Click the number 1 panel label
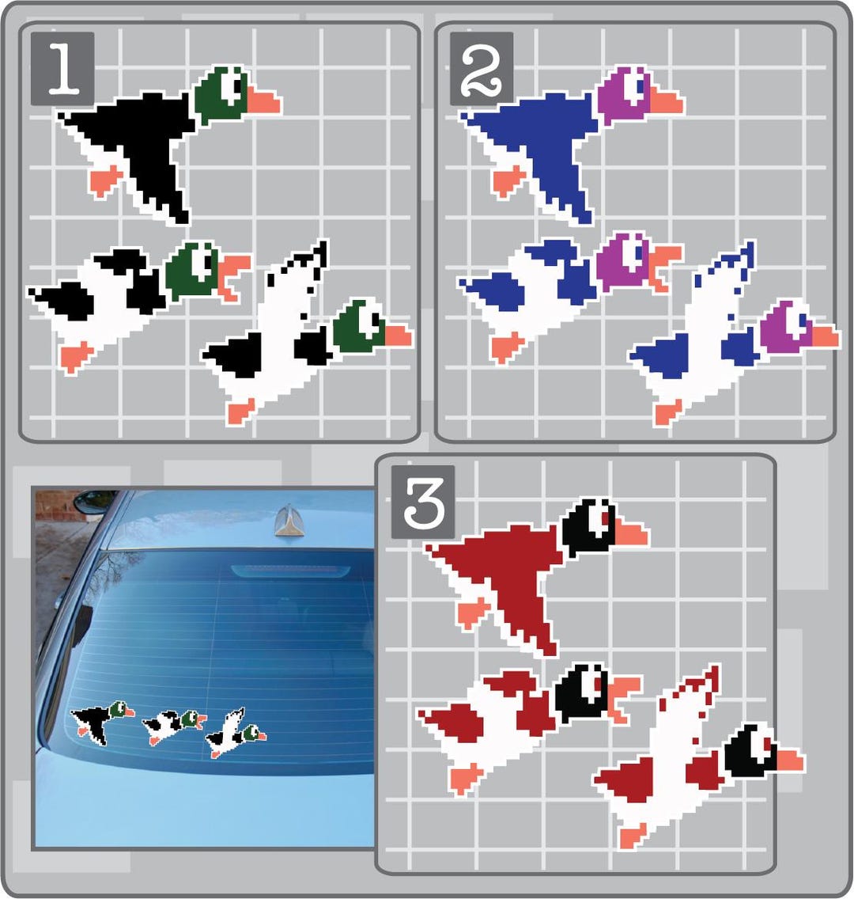tap(62, 69)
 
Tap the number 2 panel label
tap(481, 69)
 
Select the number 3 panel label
tap(423, 503)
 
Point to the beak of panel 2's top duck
tap(667, 102)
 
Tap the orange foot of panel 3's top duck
tap(473, 613)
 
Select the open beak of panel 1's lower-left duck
tap(232, 273)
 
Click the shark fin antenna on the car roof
tap(286, 518)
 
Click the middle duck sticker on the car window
tap(172, 725)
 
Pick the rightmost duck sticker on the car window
tap(235, 735)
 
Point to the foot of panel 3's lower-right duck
tap(633, 834)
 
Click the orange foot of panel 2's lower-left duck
tap(505, 346)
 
